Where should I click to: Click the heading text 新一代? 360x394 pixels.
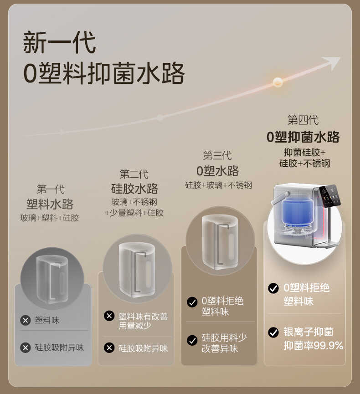(60, 43)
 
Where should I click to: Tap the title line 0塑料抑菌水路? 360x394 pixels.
(104, 73)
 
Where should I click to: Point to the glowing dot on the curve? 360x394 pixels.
(278, 82)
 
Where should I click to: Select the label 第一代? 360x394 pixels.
(50, 189)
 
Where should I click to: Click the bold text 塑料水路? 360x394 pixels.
(50, 204)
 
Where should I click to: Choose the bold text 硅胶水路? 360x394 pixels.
(134, 188)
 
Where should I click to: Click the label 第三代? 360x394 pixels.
(217, 156)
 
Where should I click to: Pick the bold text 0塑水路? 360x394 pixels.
(218, 171)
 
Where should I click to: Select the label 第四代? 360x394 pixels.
(303, 120)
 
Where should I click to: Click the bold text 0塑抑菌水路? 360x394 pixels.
(303, 137)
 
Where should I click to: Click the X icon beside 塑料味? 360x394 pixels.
(26, 320)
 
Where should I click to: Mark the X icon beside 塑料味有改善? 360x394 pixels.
(109, 316)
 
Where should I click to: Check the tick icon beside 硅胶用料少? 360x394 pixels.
(192, 340)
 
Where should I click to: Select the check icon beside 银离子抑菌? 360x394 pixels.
(273, 332)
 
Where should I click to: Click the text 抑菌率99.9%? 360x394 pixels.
(313, 346)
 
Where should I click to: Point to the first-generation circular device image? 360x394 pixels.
(52, 278)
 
